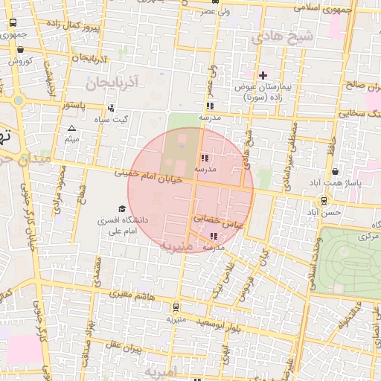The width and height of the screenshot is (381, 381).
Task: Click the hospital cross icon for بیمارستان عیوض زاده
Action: tap(263, 75)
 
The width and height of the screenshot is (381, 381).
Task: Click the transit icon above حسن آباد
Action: tap(324, 201)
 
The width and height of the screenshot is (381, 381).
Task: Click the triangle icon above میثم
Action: tap(71, 129)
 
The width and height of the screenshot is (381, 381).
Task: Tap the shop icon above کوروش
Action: tap(19, 51)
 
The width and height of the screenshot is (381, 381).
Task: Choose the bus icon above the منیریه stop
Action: tap(176, 307)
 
